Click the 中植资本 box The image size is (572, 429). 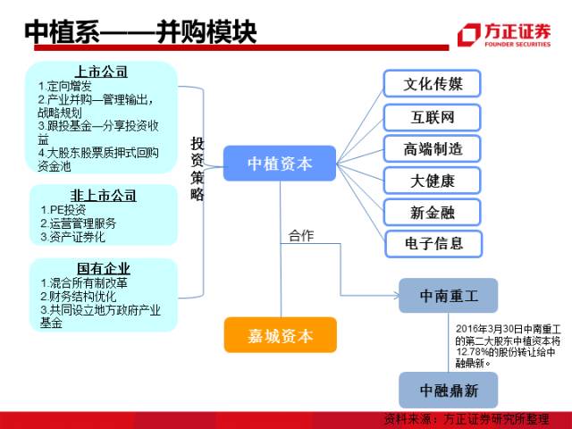(x=279, y=163)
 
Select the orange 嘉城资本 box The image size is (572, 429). (x=280, y=336)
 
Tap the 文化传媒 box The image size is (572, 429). (x=433, y=84)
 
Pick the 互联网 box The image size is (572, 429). (x=433, y=117)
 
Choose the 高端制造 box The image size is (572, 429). (x=433, y=148)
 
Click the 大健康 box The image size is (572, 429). (x=433, y=181)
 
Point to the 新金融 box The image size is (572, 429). (x=433, y=212)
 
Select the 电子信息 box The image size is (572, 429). (x=433, y=243)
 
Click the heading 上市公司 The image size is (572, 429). (x=101, y=71)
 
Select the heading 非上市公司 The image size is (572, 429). (x=102, y=194)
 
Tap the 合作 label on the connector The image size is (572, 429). (x=301, y=236)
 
